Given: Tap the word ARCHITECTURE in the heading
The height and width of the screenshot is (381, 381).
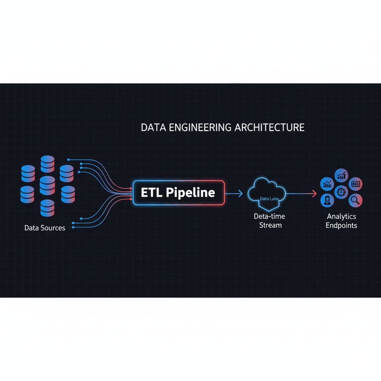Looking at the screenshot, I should [x=269, y=128].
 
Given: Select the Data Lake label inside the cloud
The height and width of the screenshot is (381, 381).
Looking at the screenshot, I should [x=269, y=199].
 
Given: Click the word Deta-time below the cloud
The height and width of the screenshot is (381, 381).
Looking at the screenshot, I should [x=269, y=216].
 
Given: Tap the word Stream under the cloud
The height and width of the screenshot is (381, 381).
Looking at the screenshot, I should [x=270, y=225].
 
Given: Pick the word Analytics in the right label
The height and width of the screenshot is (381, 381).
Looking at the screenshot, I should [x=341, y=216].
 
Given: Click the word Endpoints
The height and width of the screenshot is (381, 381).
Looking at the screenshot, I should [x=341, y=225].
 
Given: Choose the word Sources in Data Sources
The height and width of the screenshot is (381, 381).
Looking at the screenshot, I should [x=53, y=228].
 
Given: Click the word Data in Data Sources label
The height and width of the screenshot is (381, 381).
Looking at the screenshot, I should [x=32, y=228].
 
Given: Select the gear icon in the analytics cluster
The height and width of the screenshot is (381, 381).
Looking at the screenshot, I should [x=341, y=192].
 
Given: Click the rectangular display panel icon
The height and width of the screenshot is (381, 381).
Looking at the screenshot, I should [x=356, y=184].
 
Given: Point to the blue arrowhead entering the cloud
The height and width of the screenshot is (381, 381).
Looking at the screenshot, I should [x=240, y=193].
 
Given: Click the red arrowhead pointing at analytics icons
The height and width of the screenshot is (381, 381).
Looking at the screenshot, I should [x=314, y=193].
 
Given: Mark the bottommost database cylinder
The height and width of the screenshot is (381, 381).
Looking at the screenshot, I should [x=47, y=208].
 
